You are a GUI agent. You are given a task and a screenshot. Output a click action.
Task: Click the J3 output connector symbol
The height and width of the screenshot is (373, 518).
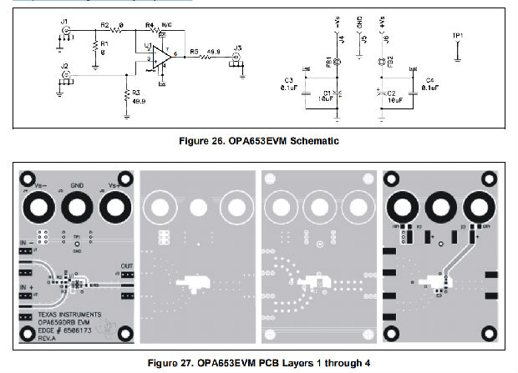point(237,57)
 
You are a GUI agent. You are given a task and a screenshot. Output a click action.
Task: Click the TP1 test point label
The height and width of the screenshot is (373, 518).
point(457,36)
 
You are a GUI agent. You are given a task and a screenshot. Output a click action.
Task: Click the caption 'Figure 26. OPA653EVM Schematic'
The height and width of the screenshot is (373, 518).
point(259,141)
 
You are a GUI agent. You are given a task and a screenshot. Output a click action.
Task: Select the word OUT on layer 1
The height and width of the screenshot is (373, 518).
point(126,266)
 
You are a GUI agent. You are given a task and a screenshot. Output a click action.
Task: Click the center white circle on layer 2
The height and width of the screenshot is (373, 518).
point(198,206)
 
